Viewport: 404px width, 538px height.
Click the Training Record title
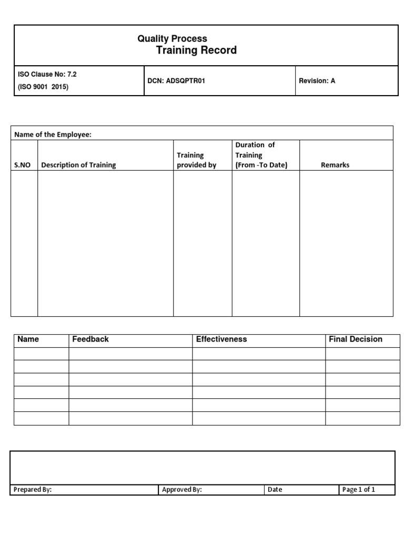(x=196, y=50)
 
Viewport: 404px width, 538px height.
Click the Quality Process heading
(x=172, y=38)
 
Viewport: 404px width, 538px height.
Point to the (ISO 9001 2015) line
(x=43, y=87)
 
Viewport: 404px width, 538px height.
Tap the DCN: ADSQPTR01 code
(x=176, y=81)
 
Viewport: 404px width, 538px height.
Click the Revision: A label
(x=317, y=81)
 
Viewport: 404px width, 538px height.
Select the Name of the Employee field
(x=53, y=134)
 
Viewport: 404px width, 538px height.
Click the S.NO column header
(x=22, y=165)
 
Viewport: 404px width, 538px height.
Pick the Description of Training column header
(x=78, y=165)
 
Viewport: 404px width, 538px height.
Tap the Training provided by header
(x=196, y=160)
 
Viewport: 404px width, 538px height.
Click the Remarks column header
(x=335, y=165)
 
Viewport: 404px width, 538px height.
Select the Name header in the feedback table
(x=28, y=339)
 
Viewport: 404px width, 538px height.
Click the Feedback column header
(x=90, y=339)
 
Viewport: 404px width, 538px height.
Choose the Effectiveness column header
(x=221, y=339)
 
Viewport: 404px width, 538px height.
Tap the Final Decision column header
(x=356, y=339)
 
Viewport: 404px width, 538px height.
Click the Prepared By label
(x=33, y=490)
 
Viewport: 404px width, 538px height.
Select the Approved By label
(x=182, y=490)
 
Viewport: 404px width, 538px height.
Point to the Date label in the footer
(x=275, y=490)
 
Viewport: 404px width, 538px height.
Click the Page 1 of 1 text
(x=359, y=490)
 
